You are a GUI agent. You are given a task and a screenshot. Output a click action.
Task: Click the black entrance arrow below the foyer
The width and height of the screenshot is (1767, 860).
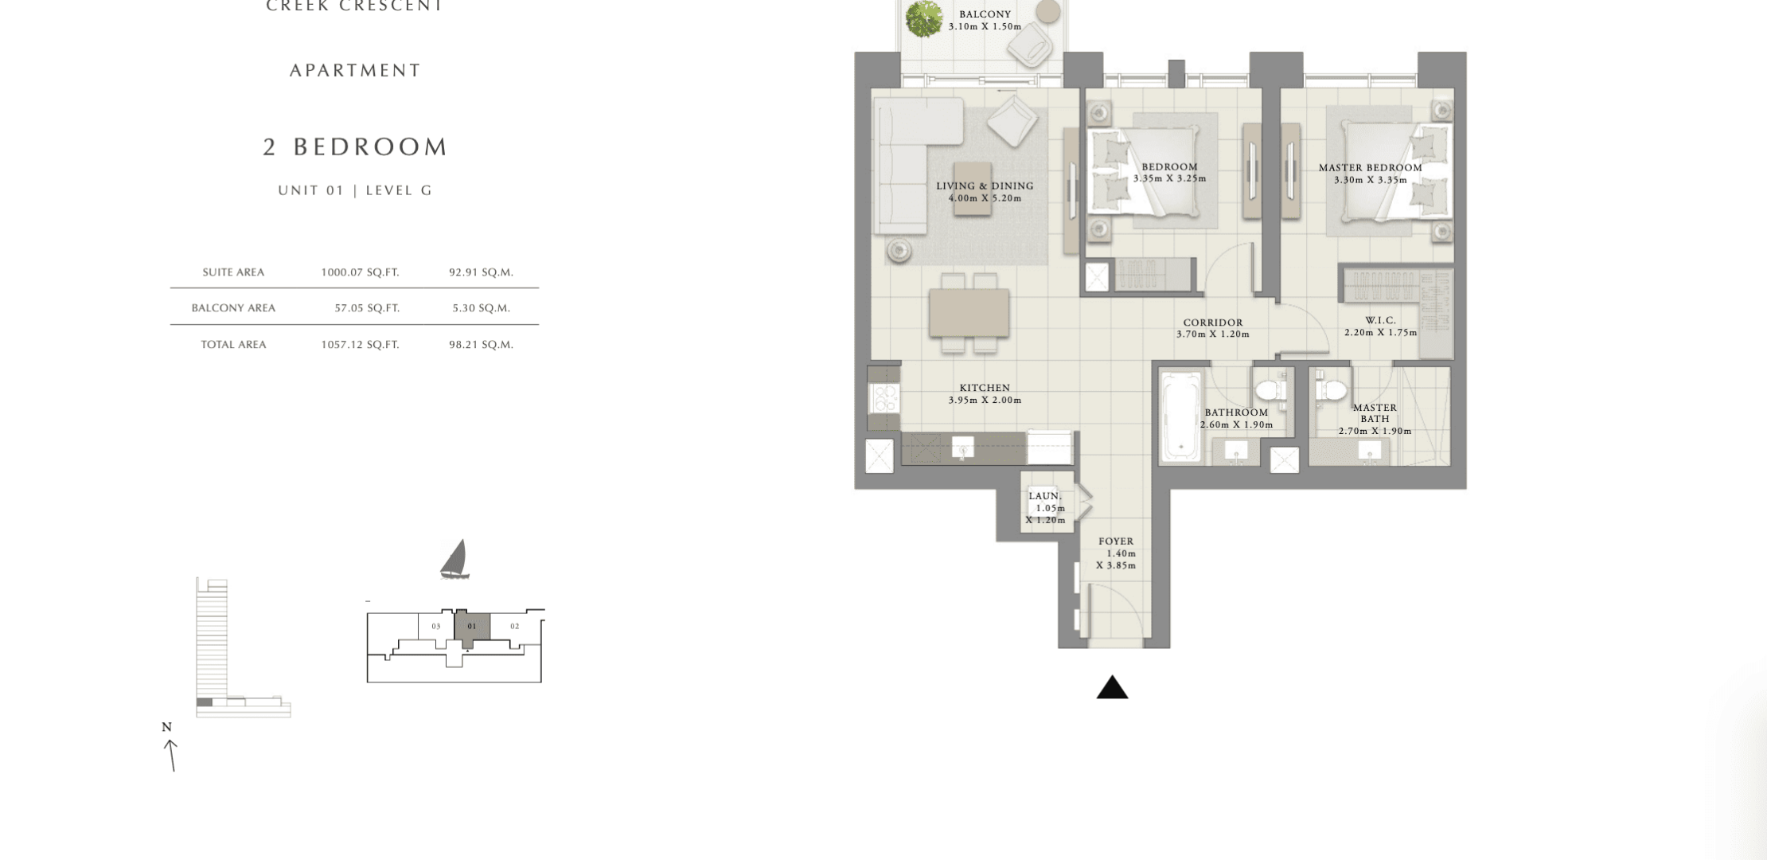point(1112,688)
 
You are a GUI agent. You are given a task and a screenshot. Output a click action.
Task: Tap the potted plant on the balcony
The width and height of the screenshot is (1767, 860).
point(923,19)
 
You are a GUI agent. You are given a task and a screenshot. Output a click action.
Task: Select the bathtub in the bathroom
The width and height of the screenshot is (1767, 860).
point(1180,415)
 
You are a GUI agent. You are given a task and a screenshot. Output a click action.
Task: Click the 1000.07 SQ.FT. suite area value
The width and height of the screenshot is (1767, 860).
point(360,272)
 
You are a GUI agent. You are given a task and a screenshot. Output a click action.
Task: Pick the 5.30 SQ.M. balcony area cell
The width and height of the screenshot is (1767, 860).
point(481,308)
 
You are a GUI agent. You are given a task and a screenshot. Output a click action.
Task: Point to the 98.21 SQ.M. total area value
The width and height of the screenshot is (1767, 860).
point(481,345)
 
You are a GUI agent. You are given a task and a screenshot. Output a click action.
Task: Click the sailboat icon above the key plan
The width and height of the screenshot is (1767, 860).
point(454,559)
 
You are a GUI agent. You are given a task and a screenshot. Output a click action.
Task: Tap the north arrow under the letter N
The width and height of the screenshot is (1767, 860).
point(170,755)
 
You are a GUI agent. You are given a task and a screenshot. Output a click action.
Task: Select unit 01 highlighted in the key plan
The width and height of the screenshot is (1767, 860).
point(471,627)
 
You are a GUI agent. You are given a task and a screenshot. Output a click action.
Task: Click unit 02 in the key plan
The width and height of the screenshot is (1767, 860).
point(515,626)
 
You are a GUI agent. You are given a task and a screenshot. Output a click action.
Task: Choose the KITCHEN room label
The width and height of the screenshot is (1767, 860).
point(985,388)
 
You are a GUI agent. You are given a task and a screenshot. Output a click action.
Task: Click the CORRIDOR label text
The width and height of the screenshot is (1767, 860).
point(1213,322)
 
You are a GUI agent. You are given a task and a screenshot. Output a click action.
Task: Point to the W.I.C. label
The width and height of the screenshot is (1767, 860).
point(1380,320)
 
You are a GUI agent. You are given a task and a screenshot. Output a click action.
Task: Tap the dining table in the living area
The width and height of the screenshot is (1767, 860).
point(969,313)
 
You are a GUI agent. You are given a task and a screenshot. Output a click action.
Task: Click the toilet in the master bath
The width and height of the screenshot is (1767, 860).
point(1329,389)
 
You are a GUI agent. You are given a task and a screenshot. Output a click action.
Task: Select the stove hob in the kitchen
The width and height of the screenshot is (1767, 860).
point(884,397)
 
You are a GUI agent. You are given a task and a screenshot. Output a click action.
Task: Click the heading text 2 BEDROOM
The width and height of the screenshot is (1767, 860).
point(356,147)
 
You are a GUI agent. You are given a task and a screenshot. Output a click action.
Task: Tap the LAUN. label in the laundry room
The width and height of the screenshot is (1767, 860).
point(1045,496)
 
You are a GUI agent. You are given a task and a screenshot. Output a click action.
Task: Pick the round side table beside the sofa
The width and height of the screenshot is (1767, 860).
point(899,252)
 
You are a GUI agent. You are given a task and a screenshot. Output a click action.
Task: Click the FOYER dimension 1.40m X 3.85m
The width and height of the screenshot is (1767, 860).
point(1116,559)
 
